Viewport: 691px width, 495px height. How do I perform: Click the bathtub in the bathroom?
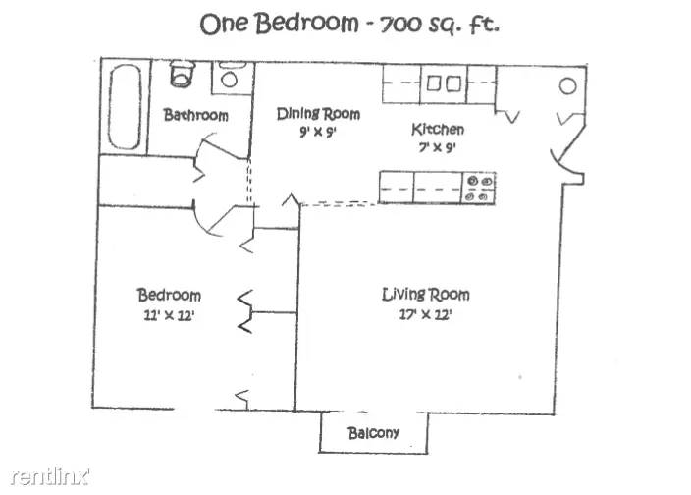(x=126, y=107)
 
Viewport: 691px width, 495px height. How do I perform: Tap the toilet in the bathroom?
(x=182, y=74)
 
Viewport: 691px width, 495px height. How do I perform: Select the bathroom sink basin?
(x=229, y=80)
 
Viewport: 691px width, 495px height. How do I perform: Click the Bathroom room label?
(x=195, y=115)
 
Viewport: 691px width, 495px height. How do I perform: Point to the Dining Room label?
(x=318, y=114)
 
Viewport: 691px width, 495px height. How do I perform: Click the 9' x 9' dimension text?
(x=318, y=132)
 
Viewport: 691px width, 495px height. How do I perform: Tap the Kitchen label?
(x=438, y=129)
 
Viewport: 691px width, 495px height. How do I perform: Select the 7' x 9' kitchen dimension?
(x=437, y=147)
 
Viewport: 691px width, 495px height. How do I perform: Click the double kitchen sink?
(x=444, y=83)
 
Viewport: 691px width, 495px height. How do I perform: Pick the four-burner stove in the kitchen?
(x=479, y=189)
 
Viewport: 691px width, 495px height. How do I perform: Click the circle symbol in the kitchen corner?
(x=567, y=86)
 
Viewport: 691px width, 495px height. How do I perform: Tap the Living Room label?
(x=426, y=295)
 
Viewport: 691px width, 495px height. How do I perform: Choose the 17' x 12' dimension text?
(x=425, y=314)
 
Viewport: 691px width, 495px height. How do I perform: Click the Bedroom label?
(x=169, y=295)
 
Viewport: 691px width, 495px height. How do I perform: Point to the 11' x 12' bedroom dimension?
(x=169, y=315)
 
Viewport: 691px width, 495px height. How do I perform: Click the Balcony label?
(x=374, y=433)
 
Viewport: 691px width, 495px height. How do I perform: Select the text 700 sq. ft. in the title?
(x=440, y=25)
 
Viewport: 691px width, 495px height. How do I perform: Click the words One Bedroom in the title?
(x=279, y=24)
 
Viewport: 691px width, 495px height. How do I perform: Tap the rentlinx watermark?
(x=50, y=476)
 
